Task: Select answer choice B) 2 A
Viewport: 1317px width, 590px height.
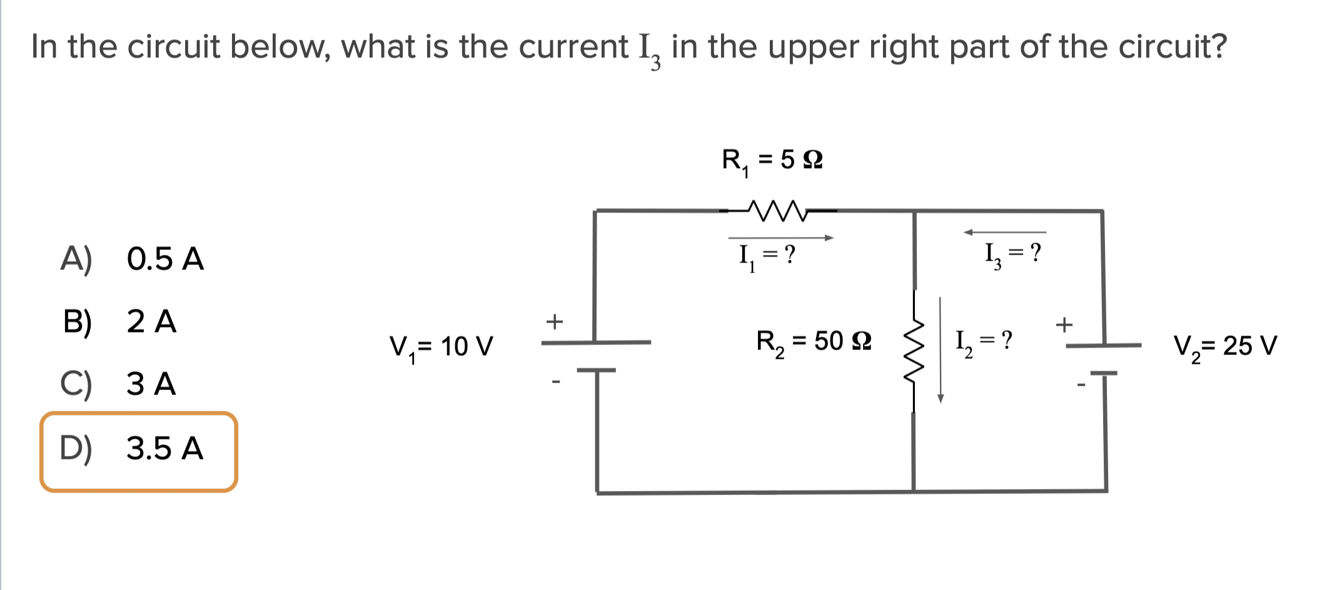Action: pos(119,321)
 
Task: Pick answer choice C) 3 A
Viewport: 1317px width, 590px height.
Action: pos(119,383)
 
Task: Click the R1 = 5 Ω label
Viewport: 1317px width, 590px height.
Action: pos(772,160)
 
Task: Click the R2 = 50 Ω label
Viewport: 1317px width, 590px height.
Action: pos(813,342)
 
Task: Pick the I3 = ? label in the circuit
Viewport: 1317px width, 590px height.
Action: pos(1012,253)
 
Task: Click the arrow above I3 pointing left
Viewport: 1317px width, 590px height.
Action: pos(1004,232)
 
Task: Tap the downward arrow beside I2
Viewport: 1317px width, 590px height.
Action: pos(940,350)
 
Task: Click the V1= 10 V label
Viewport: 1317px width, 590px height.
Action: pos(441,346)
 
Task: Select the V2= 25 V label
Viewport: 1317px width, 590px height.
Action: pos(1224,345)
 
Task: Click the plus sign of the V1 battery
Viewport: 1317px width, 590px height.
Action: pos(554,321)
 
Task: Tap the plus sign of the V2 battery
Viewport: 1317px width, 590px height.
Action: pos(1064,324)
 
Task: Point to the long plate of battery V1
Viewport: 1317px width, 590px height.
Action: pos(595,342)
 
